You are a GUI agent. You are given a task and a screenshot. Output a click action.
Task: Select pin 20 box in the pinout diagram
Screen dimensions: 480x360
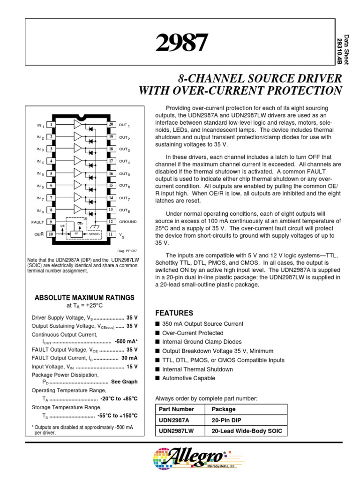111,125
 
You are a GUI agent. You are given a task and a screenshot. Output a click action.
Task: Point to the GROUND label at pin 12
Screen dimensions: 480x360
127,222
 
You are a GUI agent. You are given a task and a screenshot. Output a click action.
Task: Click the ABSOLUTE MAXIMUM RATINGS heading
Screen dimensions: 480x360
85,298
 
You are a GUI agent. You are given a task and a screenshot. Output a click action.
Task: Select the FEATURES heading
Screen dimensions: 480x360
174,313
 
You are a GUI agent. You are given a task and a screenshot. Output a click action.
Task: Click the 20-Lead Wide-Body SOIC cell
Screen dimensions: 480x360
247,431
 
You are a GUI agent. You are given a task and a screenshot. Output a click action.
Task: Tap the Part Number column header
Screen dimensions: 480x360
177,409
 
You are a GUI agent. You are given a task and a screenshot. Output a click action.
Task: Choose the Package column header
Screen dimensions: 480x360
224,409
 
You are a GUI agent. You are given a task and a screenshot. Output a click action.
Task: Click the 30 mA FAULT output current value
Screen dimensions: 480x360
129,358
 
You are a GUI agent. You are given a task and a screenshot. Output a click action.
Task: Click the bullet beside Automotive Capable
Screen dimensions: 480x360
157,378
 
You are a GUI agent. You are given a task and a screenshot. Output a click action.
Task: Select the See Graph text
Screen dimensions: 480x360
124,382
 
